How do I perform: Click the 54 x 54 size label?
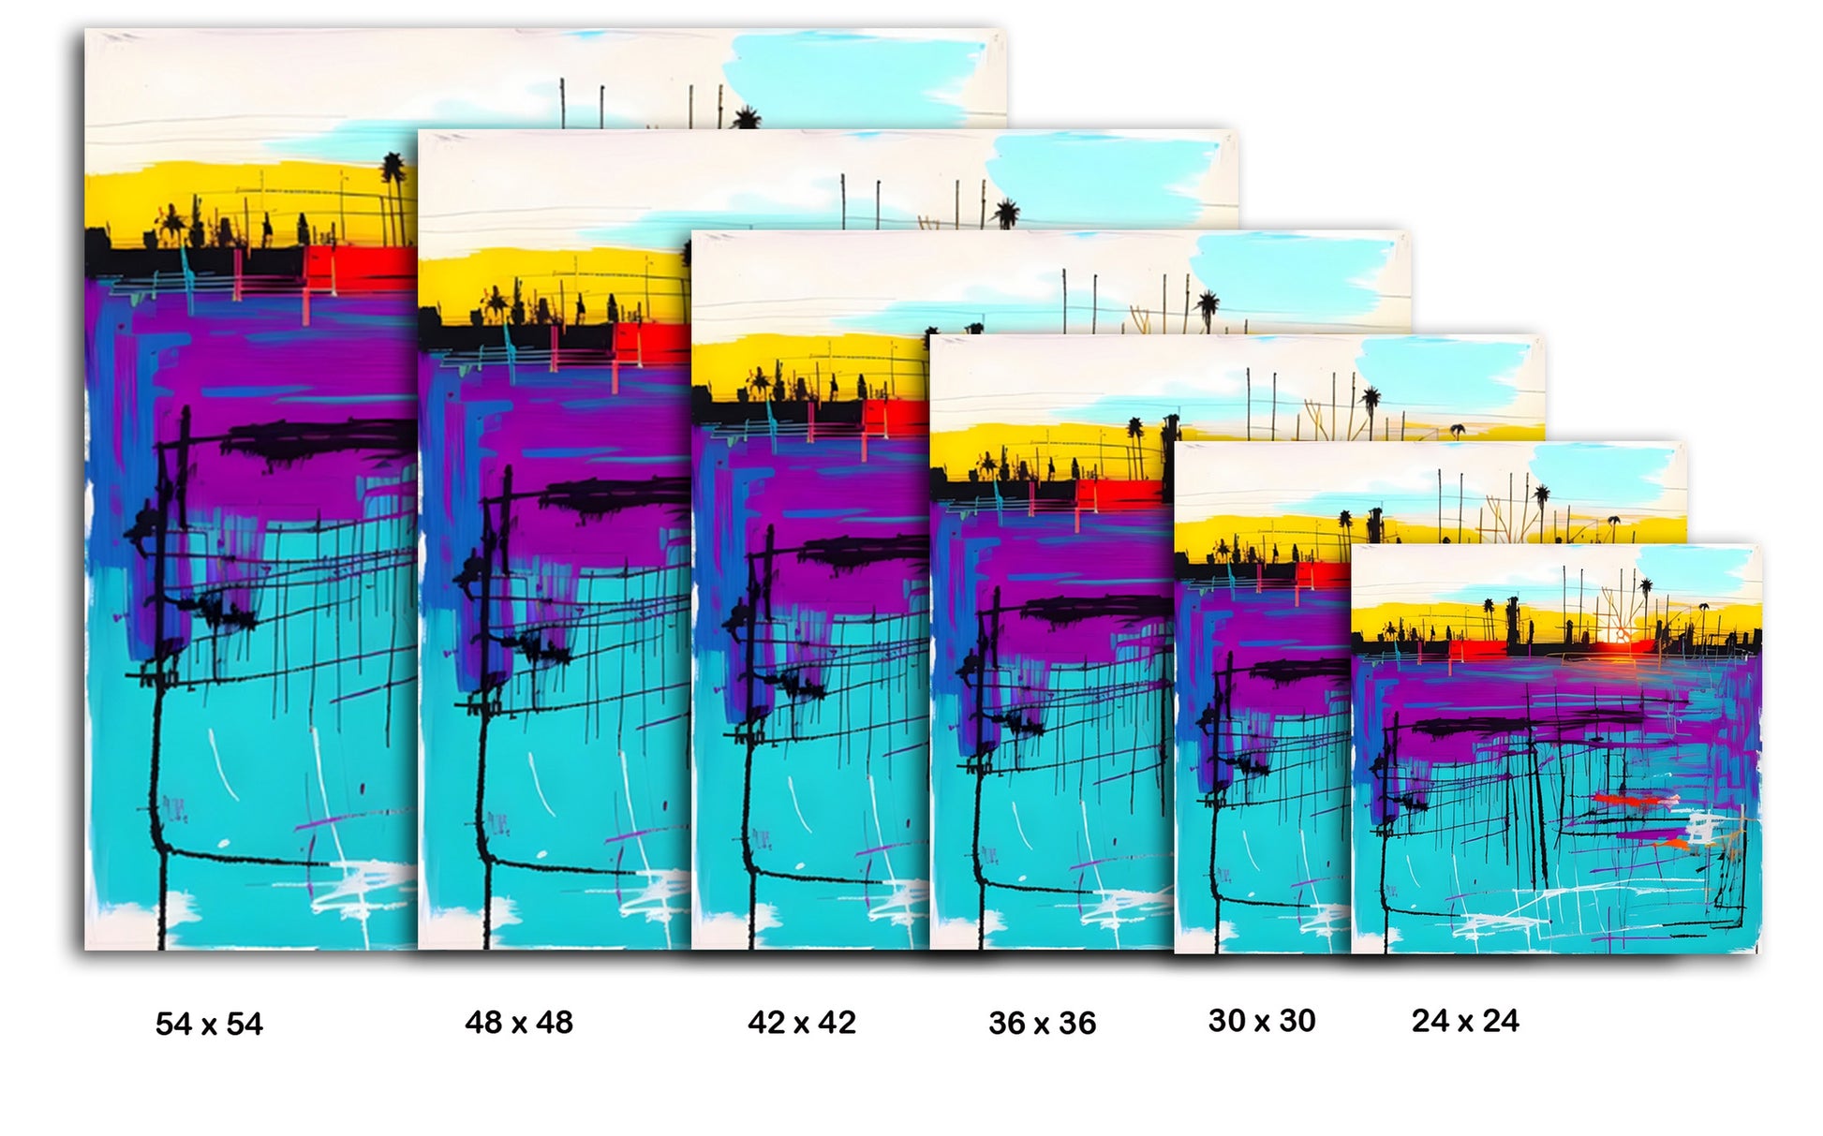[x=209, y=1024]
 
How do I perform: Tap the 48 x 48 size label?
[x=519, y=1022]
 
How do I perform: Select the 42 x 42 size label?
[x=802, y=1022]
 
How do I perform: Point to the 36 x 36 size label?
[x=1042, y=1023]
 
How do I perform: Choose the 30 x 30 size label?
[x=1262, y=1020]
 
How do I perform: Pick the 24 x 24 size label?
[x=1465, y=1020]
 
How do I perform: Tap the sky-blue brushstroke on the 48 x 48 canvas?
[x=1105, y=178]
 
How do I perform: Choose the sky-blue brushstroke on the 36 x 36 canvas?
[x=1443, y=370]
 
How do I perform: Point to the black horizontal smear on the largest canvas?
[x=319, y=440]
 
